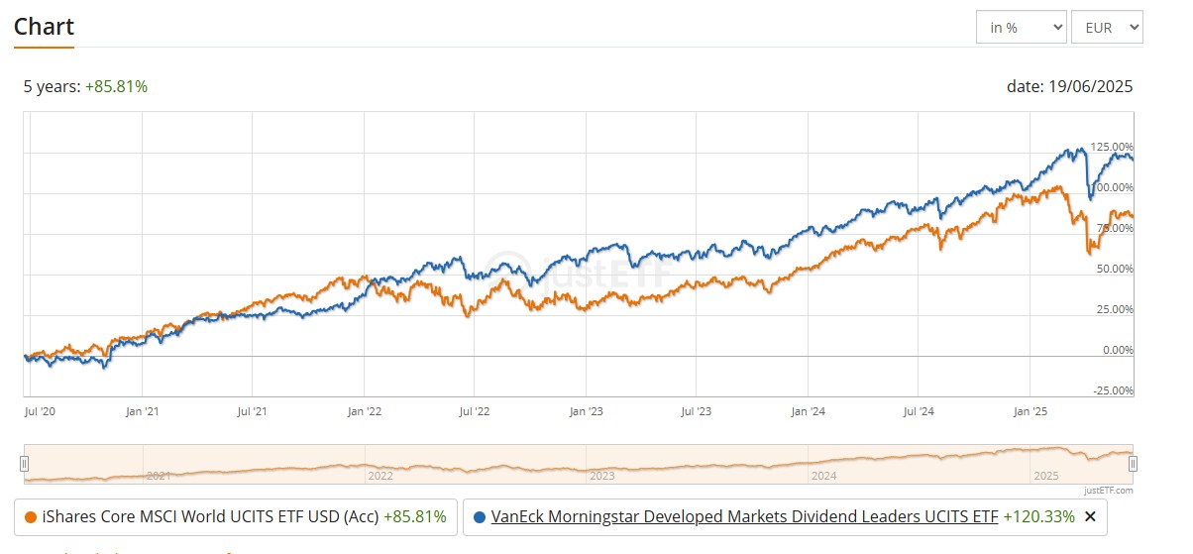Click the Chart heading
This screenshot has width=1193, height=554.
[x=44, y=26]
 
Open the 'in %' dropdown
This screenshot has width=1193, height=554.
[x=1021, y=28]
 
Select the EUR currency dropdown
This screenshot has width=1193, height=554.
[x=1106, y=28]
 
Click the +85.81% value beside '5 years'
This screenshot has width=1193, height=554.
[x=116, y=86]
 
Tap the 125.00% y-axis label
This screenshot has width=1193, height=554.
[x=1111, y=147]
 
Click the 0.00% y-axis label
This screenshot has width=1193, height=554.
[x=1116, y=350]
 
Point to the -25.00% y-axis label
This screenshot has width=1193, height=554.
[x=1113, y=390]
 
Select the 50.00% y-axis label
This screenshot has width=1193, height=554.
[x=1114, y=269]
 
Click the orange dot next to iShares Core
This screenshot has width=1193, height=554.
[x=30, y=516]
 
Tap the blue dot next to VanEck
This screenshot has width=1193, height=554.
[x=480, y=516]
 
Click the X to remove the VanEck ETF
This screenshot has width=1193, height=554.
[x=1090, y=516]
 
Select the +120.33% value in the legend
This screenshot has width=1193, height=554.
[x=1038, y=516]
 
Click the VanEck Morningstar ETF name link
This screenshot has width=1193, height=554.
[x=744, y=516]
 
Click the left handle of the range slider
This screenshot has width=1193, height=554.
[x=25, y=463]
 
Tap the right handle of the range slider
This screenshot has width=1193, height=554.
[x=1133, y=463]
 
